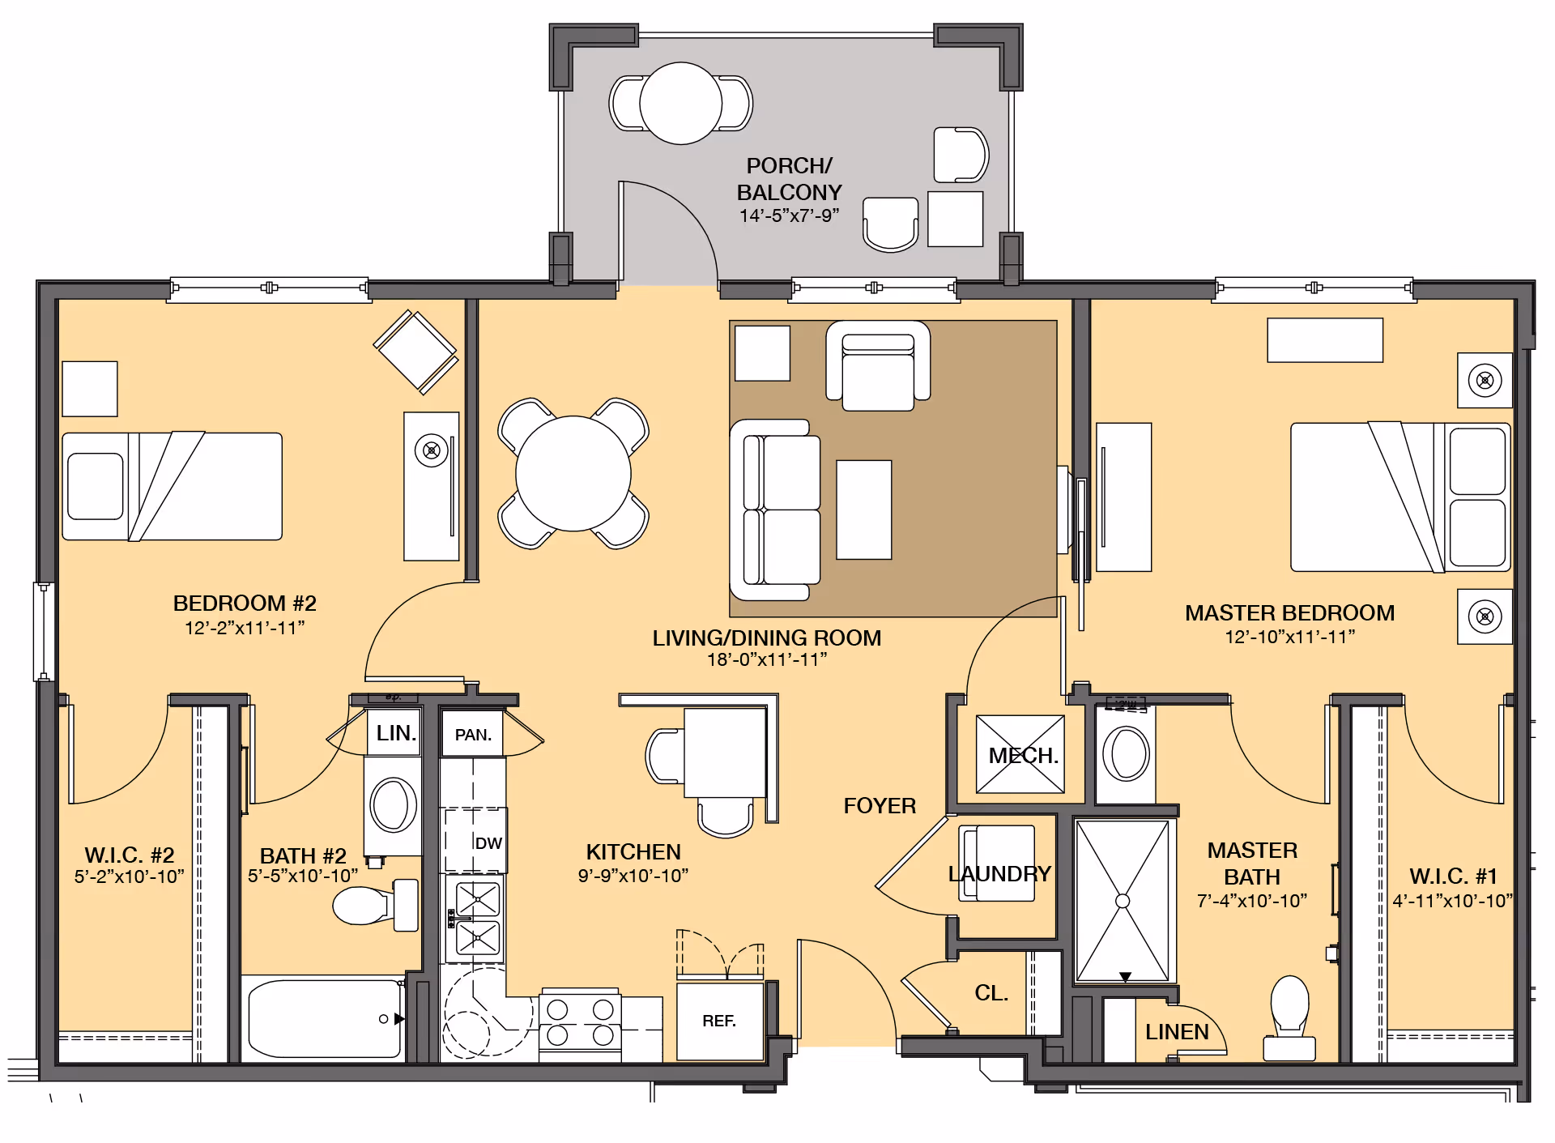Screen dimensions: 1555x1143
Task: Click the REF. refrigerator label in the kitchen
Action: pos(719,1021)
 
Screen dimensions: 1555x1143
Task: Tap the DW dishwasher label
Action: pos(488,843)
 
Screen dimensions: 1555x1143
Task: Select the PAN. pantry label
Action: pos(473,735)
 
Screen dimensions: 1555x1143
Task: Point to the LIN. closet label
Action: pos(396,733)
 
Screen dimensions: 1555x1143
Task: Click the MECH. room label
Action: pos(1024,756)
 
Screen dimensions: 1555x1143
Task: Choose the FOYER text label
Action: pos(880,806)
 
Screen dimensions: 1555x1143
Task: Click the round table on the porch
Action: pos(681,104)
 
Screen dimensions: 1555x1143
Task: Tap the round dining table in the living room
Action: pos(573,474)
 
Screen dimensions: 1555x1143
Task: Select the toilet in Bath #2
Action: pos(376,905)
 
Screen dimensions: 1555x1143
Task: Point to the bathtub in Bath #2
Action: pos(325,1018)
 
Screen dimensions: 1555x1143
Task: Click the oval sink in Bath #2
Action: pos(394,805)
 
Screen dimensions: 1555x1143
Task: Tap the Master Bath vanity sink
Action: pos(1126,753)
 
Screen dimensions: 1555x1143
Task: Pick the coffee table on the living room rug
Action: pos(864,510)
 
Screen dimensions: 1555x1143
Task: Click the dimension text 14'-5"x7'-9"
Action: pos(789,215)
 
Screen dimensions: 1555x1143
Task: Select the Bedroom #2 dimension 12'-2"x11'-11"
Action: pos(245,628)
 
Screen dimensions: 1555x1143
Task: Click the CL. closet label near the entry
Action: pos(991,993)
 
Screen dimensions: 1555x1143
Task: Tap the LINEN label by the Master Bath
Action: pos(1177,1032)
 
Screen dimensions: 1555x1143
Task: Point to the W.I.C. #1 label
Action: pos(1453,876)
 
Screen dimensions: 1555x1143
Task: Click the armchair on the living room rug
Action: pos(878,366)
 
